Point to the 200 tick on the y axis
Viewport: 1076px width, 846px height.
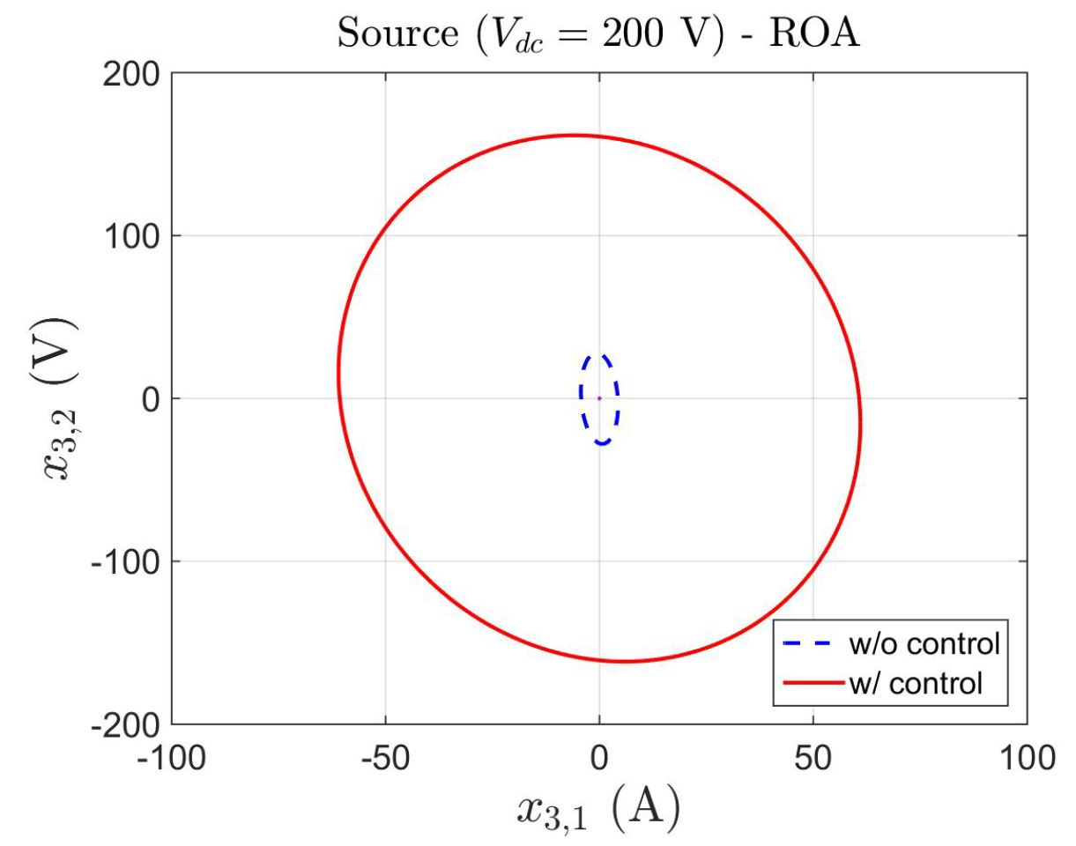click(133, 74)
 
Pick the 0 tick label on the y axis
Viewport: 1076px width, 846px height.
click(148, 398)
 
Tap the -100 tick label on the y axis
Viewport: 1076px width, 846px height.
click(126, 561)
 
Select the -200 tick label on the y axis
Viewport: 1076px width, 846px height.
click(126, 724)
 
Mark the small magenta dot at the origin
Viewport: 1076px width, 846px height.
click(599, 398)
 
